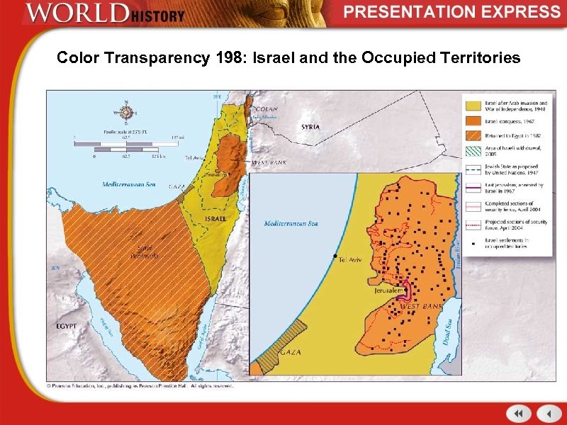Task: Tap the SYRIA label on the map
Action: tap(310, 127)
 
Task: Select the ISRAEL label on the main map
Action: tap(215, 219)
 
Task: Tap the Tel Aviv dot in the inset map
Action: tap(335, 255)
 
